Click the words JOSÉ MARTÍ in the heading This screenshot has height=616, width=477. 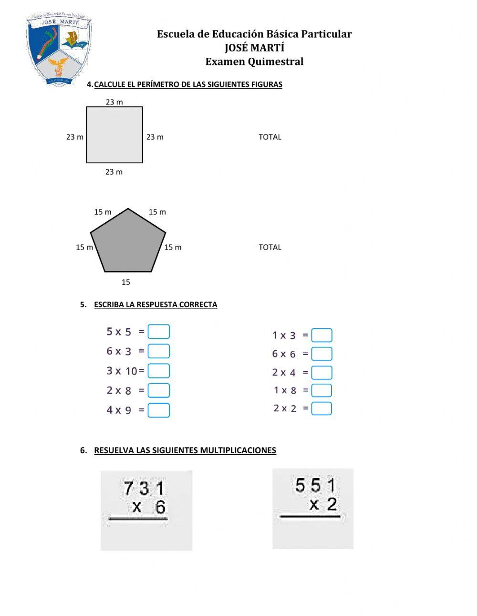(254, 48)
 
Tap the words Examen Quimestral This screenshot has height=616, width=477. (254, 62)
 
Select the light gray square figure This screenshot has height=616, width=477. (114, 135)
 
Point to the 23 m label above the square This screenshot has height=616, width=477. (114, 102)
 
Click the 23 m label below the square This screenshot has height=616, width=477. (114, 172)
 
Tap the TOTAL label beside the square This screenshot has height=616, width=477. (270, 137)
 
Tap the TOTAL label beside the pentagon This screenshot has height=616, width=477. (270, 247)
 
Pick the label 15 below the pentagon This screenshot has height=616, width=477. (126, 282)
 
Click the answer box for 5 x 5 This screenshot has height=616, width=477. (159, 332)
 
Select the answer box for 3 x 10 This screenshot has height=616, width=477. (159, 371)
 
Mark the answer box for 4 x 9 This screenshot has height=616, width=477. (159, 410)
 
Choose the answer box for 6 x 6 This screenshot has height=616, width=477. (321, 354)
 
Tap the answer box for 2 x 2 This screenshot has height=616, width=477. (321, 408)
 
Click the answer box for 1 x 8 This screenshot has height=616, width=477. (321, 390)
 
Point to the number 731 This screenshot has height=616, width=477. (144, 489)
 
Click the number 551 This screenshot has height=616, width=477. (315, 486)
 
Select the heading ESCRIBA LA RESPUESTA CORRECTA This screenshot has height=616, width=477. (156, 304)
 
